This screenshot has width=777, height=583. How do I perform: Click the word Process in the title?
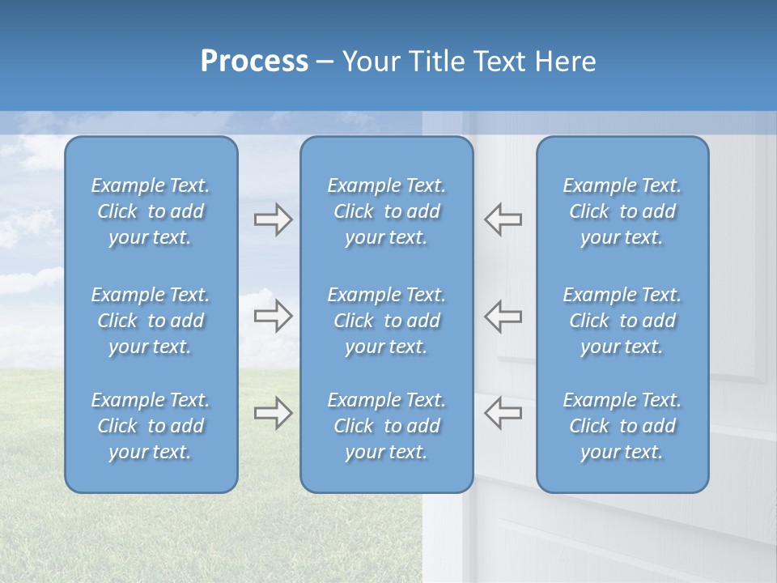(x=254, y=62)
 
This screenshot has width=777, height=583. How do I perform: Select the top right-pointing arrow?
(x=273, y=219)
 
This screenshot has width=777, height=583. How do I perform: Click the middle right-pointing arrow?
(x=273, y=316)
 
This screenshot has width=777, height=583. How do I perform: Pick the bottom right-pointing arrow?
(x=273, y=413)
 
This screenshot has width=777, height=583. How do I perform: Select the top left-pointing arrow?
(x=503, y=219)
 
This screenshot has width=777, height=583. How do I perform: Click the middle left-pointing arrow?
(x=503, y=316)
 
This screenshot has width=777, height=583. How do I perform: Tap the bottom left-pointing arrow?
(x=503, y=413)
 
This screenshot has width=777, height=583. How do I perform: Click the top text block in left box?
(x=151, y=211)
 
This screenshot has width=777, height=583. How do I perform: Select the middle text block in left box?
(x=151, y=321)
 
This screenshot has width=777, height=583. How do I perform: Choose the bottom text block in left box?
(x=151, y=426)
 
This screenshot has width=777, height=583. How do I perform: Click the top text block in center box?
(x=386, y=211)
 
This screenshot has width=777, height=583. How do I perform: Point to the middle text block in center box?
(x=386, y=321)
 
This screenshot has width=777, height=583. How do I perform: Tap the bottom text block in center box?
(x=386, y=426)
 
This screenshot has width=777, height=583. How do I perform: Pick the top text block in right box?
(x=622, y=211)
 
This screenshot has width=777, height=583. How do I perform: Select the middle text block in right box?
(x=622, y=321)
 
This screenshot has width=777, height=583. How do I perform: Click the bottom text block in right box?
(x=622, y=426)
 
